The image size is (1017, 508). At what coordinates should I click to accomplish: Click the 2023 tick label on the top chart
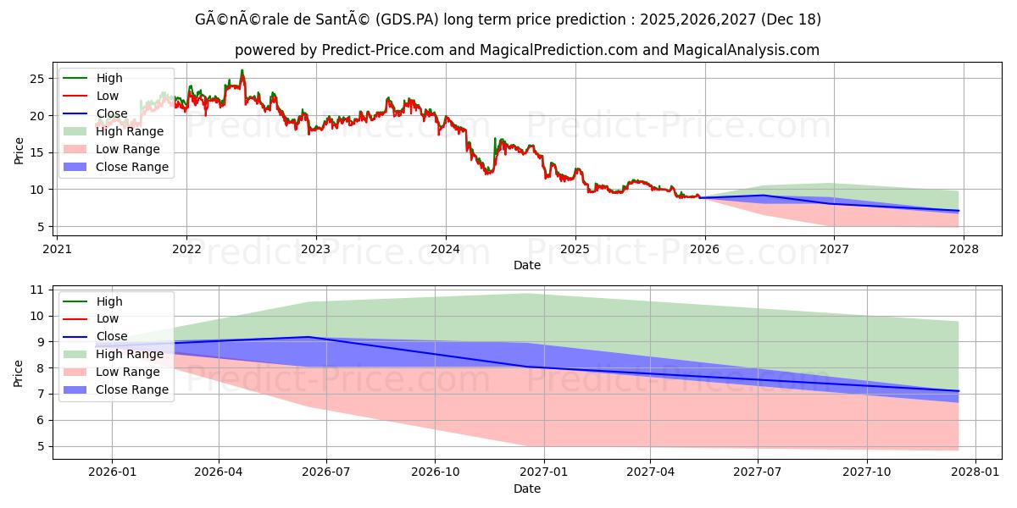(x=315, y=249)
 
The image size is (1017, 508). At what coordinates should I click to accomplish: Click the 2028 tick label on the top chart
(x=964, y=249)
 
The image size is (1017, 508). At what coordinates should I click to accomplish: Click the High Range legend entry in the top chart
(x=130, y=131)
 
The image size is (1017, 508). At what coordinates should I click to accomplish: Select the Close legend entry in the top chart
(x=112, y=113)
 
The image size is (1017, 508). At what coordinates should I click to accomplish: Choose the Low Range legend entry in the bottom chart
(x=128, y=372)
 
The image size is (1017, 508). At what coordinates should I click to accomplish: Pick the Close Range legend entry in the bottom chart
(x=132, y=389)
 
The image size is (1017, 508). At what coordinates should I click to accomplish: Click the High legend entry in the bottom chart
(x=109, y=301)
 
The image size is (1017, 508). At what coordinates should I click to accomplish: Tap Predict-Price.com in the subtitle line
(x=383, y=50)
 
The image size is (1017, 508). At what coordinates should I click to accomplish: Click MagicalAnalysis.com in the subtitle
(x=746, y=50)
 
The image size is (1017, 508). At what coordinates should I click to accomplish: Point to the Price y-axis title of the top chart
(x=19, y=151)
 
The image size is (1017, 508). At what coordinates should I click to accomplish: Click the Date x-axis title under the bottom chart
(x=527, y=489)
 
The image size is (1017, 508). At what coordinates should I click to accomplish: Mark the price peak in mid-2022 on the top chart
(x=242, y=70)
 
